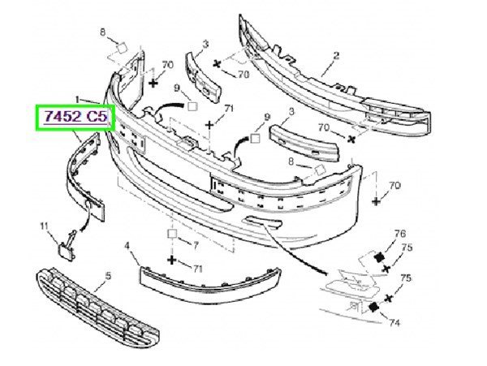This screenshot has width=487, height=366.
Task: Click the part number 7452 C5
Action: tap(76, 116)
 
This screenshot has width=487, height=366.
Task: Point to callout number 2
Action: tap(336, 55)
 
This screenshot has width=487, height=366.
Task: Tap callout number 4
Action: tap(127, 246)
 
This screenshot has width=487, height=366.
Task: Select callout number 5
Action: tap(108, 275)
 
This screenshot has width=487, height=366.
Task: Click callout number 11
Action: tap(44, 226)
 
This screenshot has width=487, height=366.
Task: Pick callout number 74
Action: tap(394, 323)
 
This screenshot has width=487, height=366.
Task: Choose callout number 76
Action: tap(400, 234)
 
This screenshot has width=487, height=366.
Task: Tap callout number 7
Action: tap(196, 246)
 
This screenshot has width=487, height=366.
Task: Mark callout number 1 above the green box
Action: tap(77, 99)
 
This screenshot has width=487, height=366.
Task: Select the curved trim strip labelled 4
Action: tap(210, 284)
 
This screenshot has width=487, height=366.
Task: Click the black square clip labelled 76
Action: tap(378, 257)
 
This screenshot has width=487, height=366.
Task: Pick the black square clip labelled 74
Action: tap(373, 307)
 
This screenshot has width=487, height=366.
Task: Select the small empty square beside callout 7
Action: tap(172, 234)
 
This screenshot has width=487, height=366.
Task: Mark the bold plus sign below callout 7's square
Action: tap(172, 260)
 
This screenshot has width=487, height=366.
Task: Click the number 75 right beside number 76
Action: tap(407, 248)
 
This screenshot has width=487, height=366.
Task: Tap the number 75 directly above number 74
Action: tap(405, 278)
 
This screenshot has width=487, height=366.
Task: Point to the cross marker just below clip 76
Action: tap(386, 269)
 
